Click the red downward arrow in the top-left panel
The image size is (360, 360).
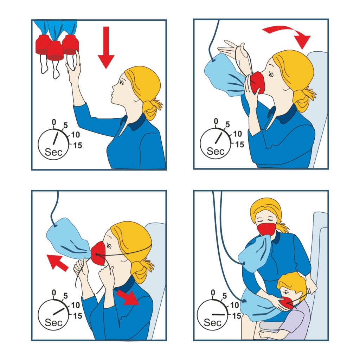(x=106, y=49)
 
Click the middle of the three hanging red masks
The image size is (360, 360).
(x=55, y=51)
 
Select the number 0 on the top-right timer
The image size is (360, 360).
(x=216, y=122)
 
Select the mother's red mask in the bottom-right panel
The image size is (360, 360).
(x=266, y=229)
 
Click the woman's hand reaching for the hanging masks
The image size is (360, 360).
(x=75, y=65)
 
